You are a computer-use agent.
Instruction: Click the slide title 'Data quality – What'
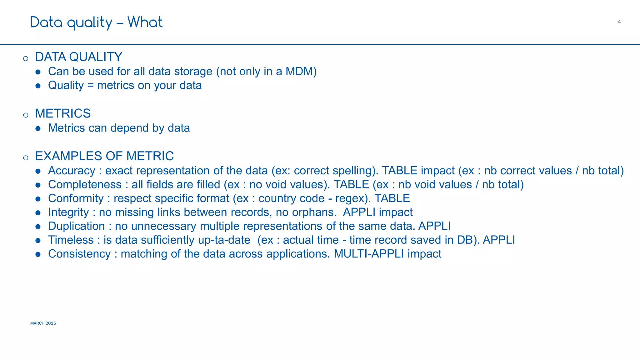point(96,22)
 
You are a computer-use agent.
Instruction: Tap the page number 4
point(619,22)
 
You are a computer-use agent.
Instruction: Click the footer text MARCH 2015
point(43,323)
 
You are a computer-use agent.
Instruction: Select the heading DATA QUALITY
point(78,57)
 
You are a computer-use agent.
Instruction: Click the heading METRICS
point(63,113)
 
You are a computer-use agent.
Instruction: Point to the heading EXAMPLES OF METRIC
point(104,156)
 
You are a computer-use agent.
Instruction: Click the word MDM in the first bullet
point(299,72)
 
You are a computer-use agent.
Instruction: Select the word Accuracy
point(72,171)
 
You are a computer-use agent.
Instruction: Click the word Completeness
point(85,184)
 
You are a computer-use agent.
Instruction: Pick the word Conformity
point(76,198)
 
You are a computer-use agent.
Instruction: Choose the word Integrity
point(68,212)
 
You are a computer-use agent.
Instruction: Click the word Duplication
point(76,226)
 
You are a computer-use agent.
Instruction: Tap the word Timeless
point(71,240)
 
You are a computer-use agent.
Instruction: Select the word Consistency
point(79,254)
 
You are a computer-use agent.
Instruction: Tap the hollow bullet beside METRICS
point(26,115)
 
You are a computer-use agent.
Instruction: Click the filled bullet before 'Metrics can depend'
point(38,128)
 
